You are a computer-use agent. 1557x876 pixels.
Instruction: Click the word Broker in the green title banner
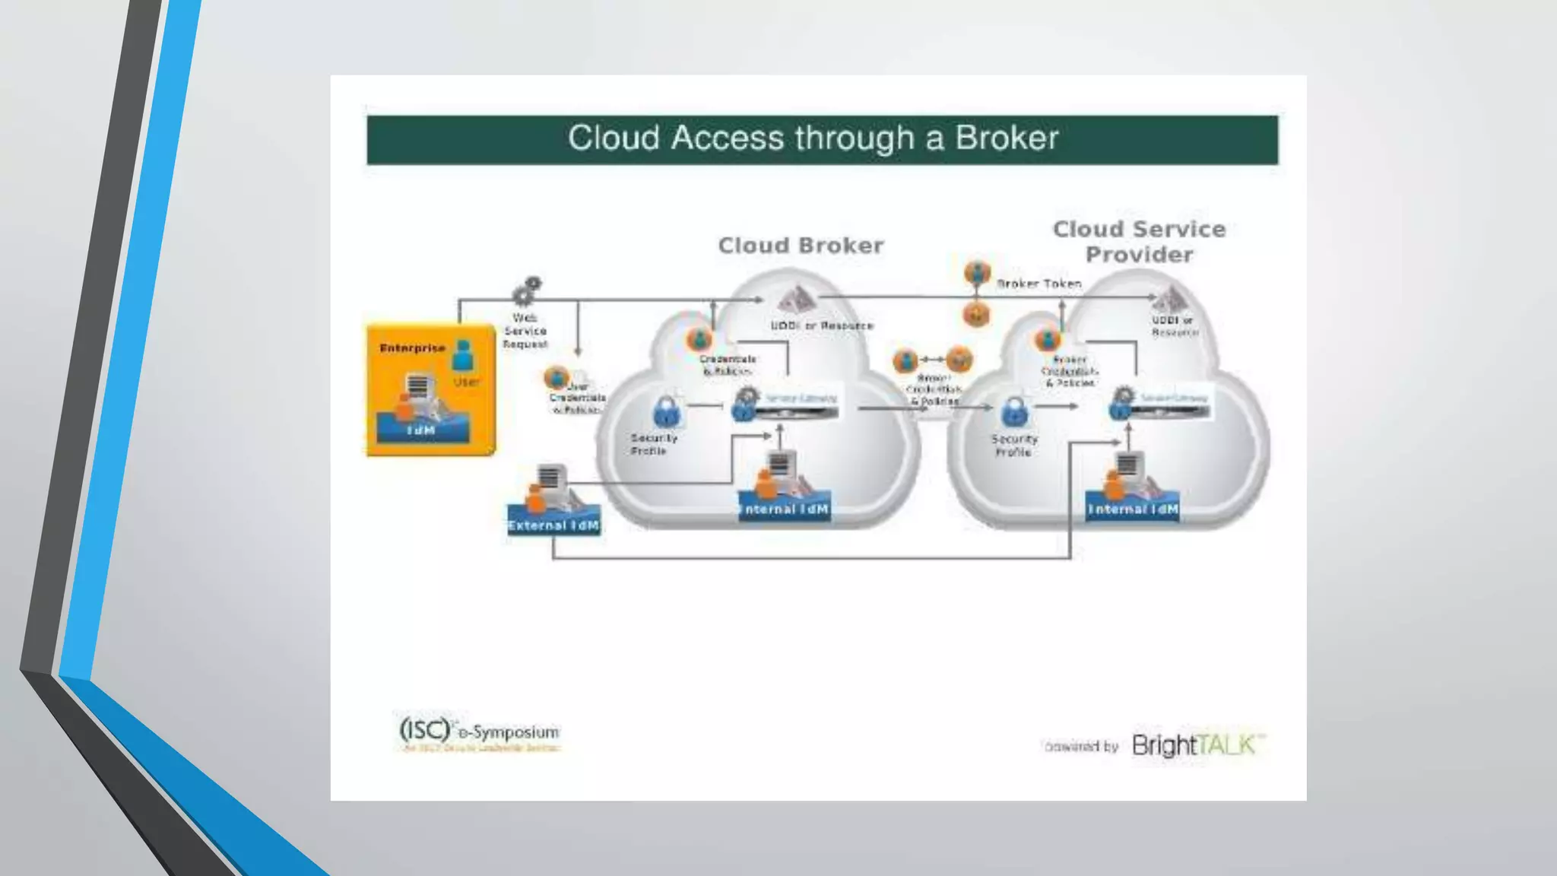pyautogui.click(x=1007, y=138)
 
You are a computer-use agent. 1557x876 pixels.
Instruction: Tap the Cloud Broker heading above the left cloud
pyautogui.click(x=801, y=246)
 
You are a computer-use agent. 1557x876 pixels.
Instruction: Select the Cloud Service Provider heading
pyautogui.click(x=1139, y=242)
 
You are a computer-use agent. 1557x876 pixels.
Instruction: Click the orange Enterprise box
pyautogui.click(x=430, y=389)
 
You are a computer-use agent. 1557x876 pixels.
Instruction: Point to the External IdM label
pyautogui.click(x=553, y=525)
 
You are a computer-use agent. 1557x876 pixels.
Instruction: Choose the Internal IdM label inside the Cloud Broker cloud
pyautogui.click(x=784, y=509)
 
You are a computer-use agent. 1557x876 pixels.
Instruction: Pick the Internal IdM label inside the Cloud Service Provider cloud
pyautogui.click(x=1133, y=509)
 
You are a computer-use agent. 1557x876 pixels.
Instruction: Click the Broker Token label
pyautogui.click(x=1039, y=284)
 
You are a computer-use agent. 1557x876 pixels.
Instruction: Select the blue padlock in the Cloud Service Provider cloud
pyautogui.click(x=1013, y=412)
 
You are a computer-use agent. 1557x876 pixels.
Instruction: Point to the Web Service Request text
pyautogui.click(x=525, y=331)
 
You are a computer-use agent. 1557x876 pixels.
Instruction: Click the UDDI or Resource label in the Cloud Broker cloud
pyautogui.click(x=822, y=325)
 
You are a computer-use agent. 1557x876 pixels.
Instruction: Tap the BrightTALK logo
pyautogui.click(x=1198, y=744)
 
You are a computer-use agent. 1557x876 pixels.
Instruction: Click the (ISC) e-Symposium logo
pyautogui.click(x=479, y=732)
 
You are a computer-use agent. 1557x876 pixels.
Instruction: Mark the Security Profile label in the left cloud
pyautogui.click(x=652, y=444)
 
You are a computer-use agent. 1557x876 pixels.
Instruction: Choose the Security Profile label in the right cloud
pyautogui.click(x=1013, y=446)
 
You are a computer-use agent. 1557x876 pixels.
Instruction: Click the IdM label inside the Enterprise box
pyautogui.click(x=420, y=430)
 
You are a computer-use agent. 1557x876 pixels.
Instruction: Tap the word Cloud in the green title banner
pyautogui.click(x=613, y=138)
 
